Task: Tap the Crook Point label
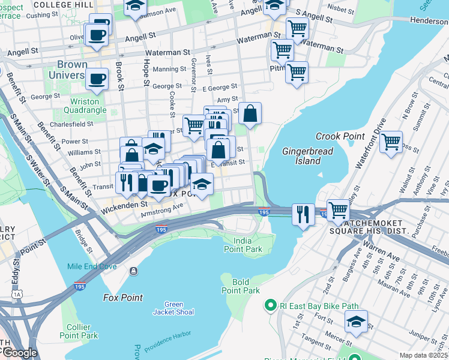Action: (340, 136)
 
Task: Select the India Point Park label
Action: (241, 245)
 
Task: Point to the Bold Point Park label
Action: (241, 286)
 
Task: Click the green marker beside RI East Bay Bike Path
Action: (270, 306)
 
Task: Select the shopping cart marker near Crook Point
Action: (391, 142)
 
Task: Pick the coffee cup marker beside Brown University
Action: (96, 78)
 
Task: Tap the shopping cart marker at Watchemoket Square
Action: (339, 210)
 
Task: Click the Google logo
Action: (19, 353)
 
